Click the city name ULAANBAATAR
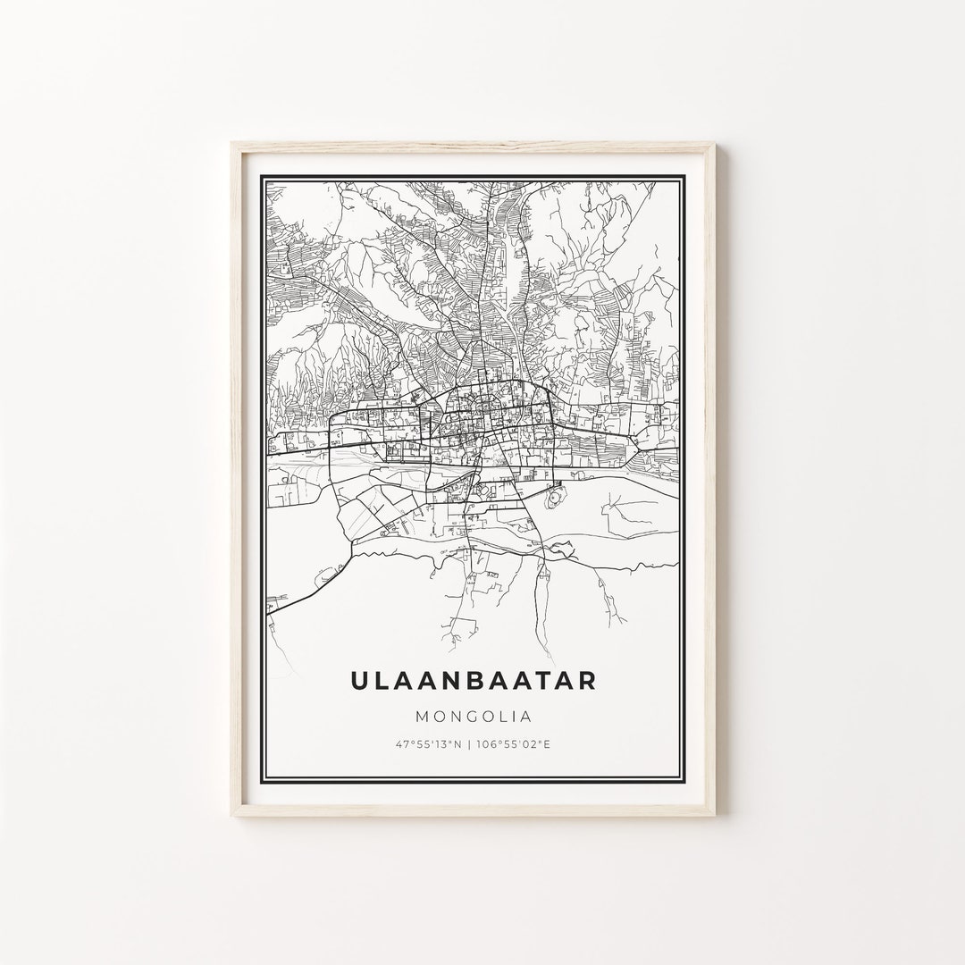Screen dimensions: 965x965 point(473,680)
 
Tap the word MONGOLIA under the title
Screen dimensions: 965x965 point(473,716)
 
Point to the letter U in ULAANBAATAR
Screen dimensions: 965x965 point(359,680)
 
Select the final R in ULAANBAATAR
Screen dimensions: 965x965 point(586,680)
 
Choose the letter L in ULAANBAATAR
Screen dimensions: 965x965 point(382,680)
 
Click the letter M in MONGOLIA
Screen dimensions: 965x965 point(420,716)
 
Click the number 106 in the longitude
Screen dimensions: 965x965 point(488,744)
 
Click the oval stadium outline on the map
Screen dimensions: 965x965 point(555,494)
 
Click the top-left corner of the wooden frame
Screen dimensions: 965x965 point(231,143)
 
